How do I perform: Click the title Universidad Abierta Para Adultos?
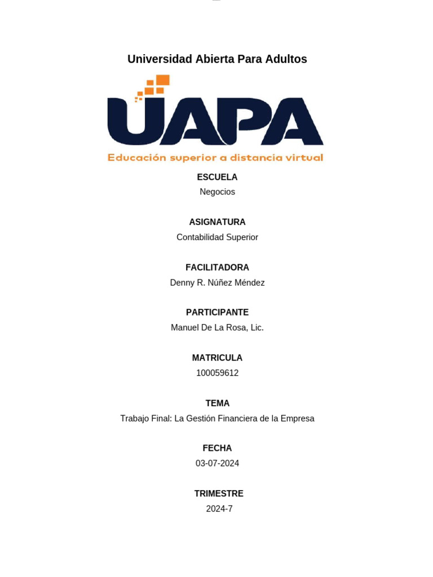point(217,59)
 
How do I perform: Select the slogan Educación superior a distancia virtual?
point(215,158)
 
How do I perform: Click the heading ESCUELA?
point(217,177)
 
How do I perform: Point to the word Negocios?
point(217,192)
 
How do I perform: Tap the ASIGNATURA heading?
point(217,222)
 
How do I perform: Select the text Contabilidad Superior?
point(217,237)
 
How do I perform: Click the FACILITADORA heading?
point(217,268)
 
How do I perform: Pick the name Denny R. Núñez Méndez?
point(217,283)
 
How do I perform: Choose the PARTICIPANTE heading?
point(217,312)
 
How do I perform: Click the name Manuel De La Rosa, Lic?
point(217,327)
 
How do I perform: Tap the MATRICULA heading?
point(217,358)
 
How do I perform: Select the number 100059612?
point(217,373)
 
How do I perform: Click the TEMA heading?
point(217,403)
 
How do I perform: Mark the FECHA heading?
point(217,448)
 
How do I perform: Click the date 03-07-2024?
point(217,463)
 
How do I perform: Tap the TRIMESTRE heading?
point(219,494)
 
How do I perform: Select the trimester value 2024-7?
point(219,509)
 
